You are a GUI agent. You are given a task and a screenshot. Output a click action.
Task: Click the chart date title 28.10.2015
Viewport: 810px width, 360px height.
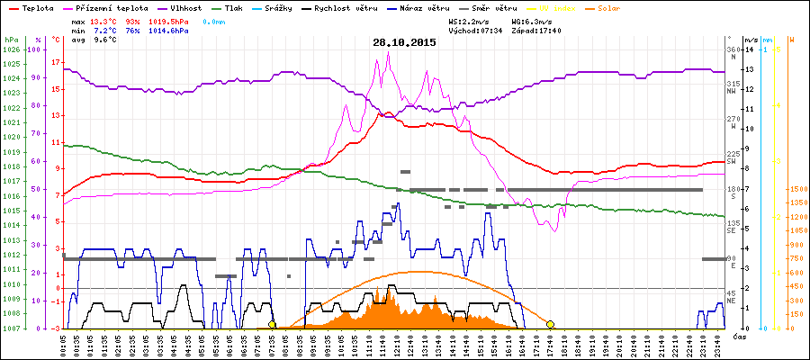pos(405,42)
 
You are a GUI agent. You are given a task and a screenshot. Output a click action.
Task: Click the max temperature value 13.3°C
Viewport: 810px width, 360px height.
pos(104,20)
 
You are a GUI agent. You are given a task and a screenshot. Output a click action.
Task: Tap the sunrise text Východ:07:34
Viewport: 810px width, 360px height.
pos(476,30)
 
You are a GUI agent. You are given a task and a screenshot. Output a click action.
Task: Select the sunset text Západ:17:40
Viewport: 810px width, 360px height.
pos(536,30)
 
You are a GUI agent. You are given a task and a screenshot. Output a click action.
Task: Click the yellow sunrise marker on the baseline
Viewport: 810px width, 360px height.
pos(272,324)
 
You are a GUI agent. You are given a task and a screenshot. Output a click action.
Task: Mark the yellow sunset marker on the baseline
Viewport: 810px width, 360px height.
pos(550,324)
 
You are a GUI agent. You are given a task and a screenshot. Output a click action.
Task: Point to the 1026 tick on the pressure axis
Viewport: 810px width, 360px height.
pos(11,49)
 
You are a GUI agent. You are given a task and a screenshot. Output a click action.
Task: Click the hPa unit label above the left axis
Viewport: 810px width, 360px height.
pos(11,40)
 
